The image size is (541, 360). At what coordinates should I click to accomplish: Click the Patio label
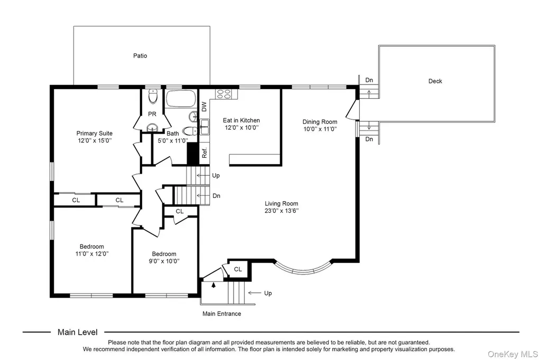(x=140, y=55)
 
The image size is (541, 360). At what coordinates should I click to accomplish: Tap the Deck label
(x=435, y=81)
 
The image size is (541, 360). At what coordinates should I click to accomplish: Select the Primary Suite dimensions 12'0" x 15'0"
(x=95, y=141)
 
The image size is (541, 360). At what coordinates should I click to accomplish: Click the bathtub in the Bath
(x=181, y=99)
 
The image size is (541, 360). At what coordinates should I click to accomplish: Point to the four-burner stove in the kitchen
(x=223, y=94)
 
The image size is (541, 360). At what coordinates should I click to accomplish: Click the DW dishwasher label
(x=204, y=107)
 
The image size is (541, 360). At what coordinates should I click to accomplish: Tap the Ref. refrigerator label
(x=204, y=153)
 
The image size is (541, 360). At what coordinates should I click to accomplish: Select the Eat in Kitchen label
(x=241, y=120)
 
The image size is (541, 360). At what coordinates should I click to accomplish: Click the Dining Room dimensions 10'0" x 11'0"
(x=320, y=129)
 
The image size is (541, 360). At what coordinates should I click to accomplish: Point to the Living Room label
(x=281, y=203)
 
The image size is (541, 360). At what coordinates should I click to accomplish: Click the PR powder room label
(x=152, y=114)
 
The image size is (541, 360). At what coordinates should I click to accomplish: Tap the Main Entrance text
(x=221, y=314)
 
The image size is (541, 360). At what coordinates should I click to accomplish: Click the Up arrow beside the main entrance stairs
(x=255, y=293)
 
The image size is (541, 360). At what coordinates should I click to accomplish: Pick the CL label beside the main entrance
(x=238, y=269)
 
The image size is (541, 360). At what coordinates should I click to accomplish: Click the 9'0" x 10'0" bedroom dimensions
(x=164, y=261)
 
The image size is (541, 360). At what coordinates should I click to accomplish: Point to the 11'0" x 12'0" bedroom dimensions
(x=92, y=254)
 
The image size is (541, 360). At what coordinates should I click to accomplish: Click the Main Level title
(x=78, y=332)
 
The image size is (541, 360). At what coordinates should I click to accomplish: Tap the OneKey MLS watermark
(x=512, y=354)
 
